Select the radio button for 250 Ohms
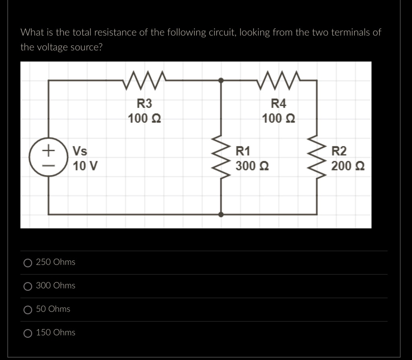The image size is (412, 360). point(28,263)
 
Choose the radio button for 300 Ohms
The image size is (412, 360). point(28,286)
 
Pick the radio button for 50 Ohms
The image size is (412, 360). point(28,310)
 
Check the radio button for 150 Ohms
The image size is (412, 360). point(28,333)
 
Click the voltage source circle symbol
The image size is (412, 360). point(48,158)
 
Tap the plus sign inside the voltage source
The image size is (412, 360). point(48,151)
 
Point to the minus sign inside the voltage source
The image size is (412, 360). point(48,165)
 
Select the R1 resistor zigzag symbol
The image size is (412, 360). point(221,158)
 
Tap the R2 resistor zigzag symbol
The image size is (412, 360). point(317,158)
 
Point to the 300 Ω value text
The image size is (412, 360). point(252,166)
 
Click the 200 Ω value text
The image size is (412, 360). point(348,166)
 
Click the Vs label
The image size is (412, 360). point(80,152)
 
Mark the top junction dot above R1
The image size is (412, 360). point(221,80)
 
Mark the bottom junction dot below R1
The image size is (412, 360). point(221,214)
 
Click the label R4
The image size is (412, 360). point(279,104)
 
